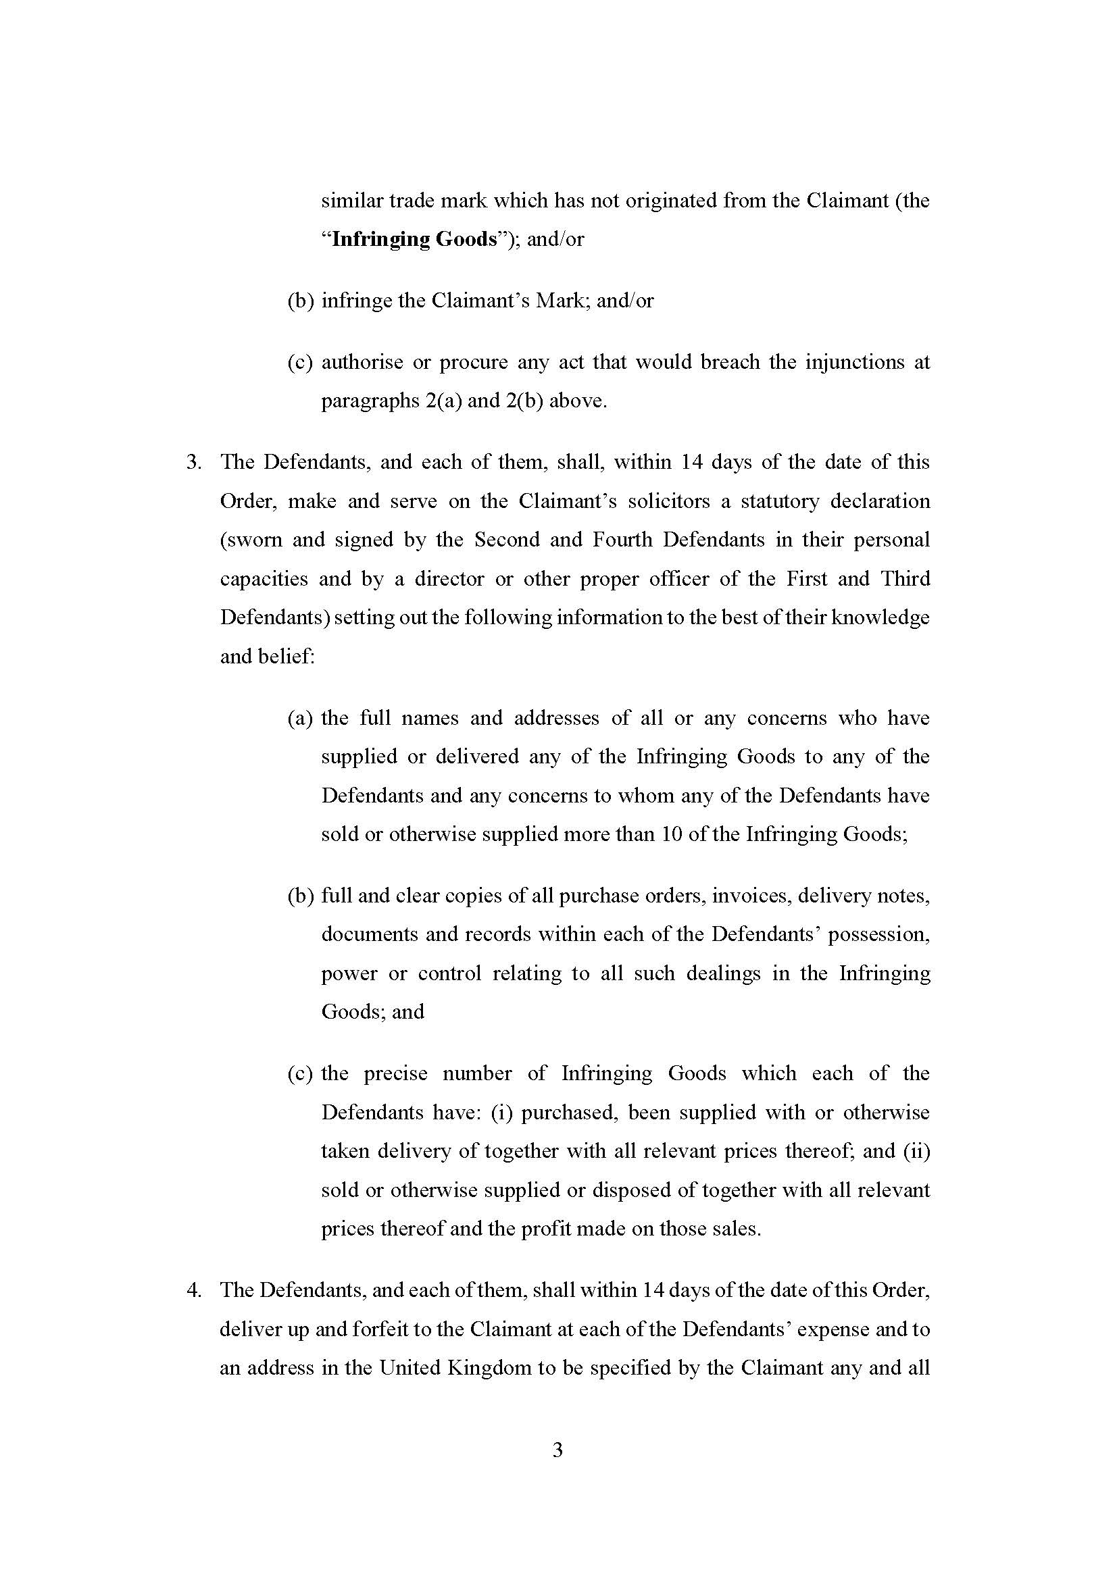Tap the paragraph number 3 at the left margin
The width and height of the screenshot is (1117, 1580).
pos(193,462)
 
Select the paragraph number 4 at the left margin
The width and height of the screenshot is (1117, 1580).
pos(193,1290)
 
